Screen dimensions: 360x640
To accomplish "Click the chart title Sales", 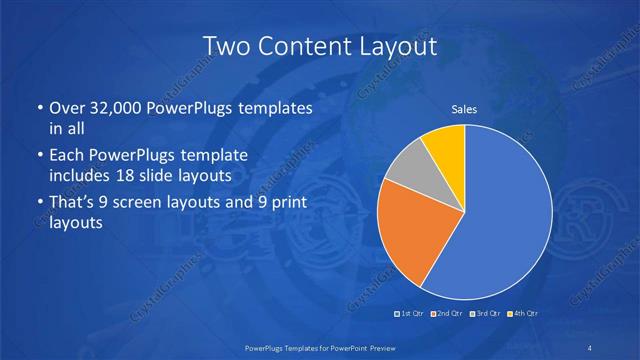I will coord(464,109).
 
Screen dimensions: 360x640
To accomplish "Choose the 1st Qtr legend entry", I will coord(410,315).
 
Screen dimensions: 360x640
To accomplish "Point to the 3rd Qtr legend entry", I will coord(485,315).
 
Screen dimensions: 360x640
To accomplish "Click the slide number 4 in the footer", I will coord(590,347).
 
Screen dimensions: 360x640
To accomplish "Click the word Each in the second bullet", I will coord(68,156).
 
